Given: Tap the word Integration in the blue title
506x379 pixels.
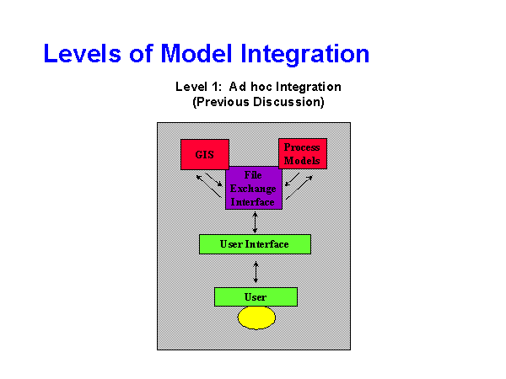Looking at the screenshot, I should [x=305, y=54].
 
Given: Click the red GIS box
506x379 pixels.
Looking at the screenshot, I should [x=204, y=155].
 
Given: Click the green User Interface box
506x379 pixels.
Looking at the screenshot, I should [x=255, y=244].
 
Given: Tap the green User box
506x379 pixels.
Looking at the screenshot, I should [x=256, y=296].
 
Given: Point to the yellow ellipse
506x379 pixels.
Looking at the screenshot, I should [x=256, y=318].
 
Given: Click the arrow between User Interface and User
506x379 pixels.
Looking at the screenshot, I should [x=256, y=270].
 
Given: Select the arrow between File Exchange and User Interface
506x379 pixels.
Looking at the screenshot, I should [x=255, y=222].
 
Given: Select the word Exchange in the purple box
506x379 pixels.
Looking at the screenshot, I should [x=253, y=189].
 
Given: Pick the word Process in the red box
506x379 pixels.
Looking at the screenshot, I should [x=302, y=147].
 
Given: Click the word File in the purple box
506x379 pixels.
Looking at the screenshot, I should [x=253, y=175].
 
